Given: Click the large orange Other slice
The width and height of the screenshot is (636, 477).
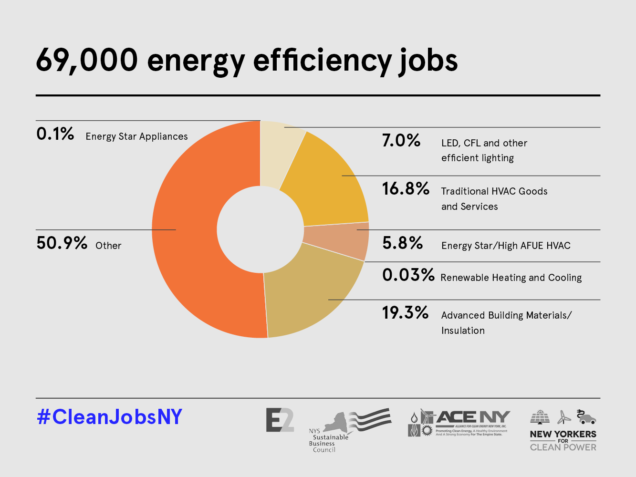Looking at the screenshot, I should (x=186, y=229).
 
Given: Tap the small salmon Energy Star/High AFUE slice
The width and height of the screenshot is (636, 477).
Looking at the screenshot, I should (x=336, y=241).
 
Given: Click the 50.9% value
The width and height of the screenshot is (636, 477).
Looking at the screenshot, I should (x=62, y=243).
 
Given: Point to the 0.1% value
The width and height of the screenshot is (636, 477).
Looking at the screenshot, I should (x=55, y=134).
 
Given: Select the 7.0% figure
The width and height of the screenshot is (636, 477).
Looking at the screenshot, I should (x=401, y=141).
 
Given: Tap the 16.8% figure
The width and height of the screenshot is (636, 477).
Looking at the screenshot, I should (x=406, y=189).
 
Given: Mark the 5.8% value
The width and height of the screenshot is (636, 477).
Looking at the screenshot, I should (x=403, y=243).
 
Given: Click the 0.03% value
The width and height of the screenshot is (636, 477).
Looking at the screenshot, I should (x=408, y=275).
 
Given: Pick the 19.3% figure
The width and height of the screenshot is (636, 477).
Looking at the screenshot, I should (x=405, y=313).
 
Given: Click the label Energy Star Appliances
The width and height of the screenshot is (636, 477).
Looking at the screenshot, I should (x=137, y=136).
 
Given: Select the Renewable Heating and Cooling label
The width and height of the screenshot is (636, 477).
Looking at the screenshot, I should (x=511, y=278).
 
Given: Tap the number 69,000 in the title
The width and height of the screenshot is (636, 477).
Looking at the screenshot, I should (x=87, y=61).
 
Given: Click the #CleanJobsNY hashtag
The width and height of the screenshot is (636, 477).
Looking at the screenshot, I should (x=110, y=417).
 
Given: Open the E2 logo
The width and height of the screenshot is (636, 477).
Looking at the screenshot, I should (x=280, y=420).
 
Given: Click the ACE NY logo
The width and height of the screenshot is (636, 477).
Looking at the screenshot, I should (x=459, y=423).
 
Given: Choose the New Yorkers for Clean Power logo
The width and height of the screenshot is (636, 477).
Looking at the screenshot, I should (x=563, y=430).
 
